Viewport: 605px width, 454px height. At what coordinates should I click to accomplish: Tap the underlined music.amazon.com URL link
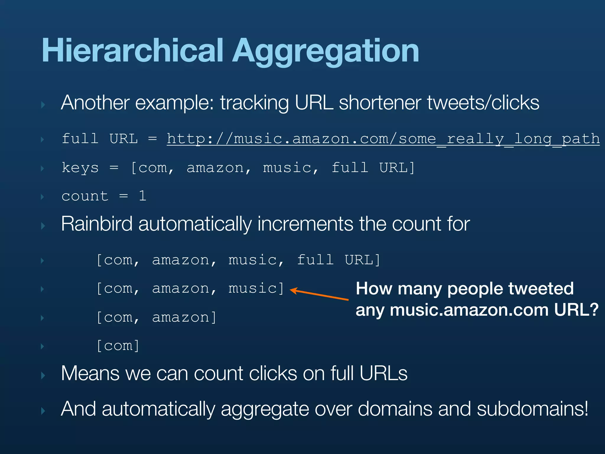click(x=383, y=139)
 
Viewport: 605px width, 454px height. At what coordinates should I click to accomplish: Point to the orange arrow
click(x=319, y=295)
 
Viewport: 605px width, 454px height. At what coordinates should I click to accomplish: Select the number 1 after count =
click(x=142, y=196)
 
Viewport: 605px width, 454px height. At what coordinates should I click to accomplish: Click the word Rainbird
click(x=97, y=224)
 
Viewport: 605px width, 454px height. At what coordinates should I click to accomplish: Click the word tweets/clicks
click(x=483, y=103)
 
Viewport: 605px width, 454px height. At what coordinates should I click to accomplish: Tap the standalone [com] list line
click(x=118, y=346)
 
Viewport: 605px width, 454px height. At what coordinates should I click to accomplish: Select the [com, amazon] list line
click(x=157, y=317)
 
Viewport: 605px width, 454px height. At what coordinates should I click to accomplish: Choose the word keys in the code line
click(x=80, y=168)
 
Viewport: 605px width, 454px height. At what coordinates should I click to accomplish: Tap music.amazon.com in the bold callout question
click(x=469, y=310)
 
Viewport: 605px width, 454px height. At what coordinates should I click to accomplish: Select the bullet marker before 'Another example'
click(x=43, y=105)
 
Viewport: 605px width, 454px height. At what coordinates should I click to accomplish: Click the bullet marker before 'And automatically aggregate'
click(x=43, y=411)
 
